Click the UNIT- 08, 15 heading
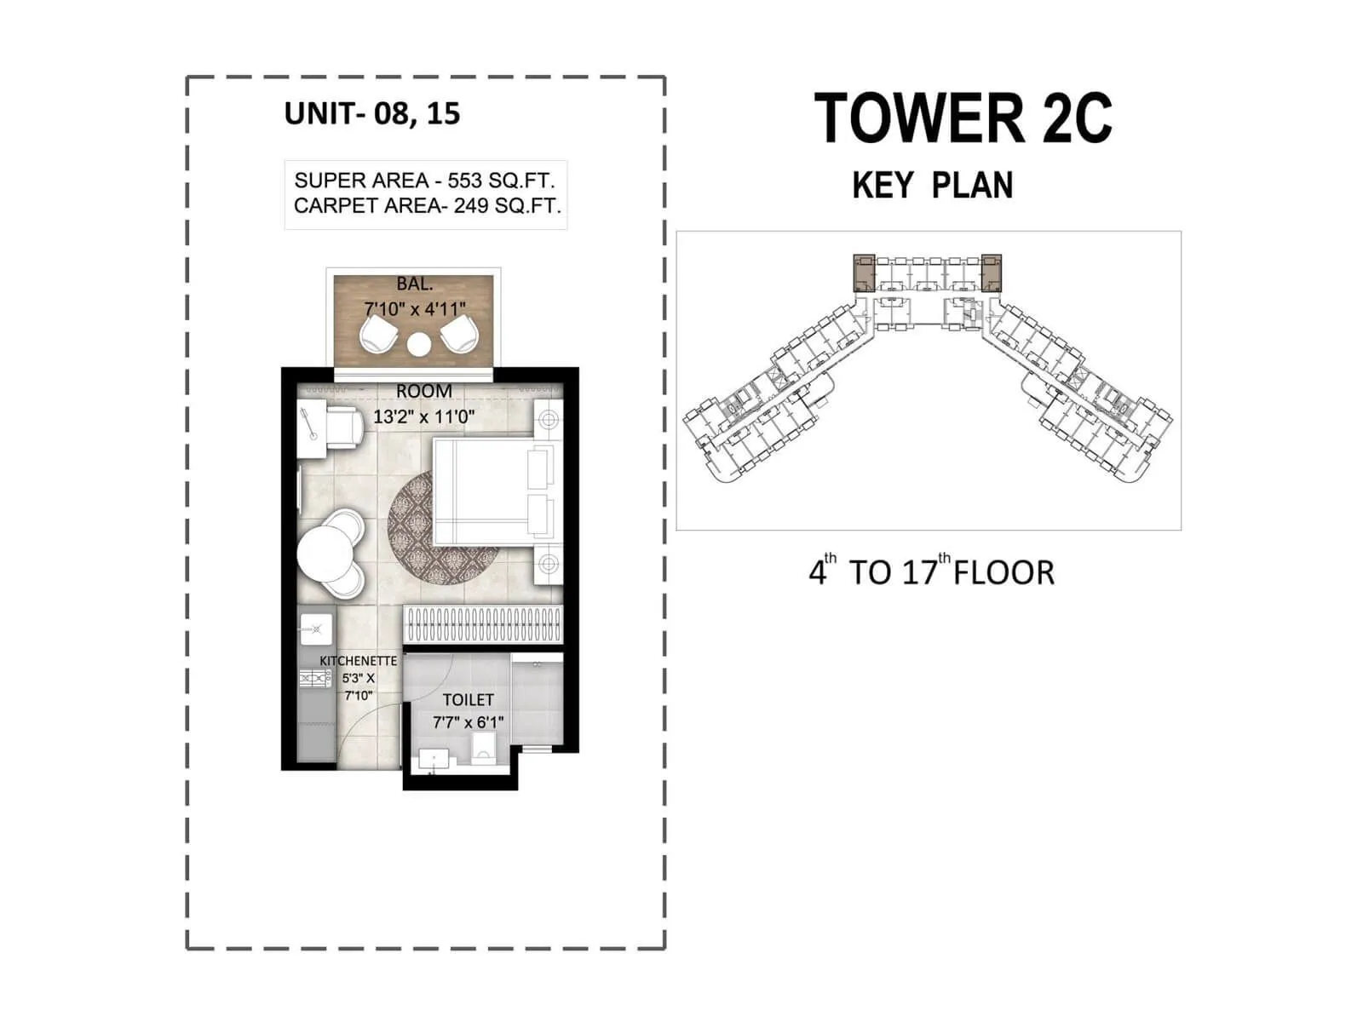(371, 113)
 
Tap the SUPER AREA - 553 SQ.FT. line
(424, 181)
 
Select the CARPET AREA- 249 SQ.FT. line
(427, 206)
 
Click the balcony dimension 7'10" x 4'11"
(416, 308)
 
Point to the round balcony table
(418, 344)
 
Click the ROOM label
(423, 391)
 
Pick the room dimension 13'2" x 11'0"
(423, 417)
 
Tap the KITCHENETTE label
(358, 661)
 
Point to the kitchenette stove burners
(314, 678)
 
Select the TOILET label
(468, 700)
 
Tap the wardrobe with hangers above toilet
(483, 625)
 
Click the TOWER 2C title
(963, 118)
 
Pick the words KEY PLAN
(932, 186)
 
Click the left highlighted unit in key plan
(864, 273)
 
